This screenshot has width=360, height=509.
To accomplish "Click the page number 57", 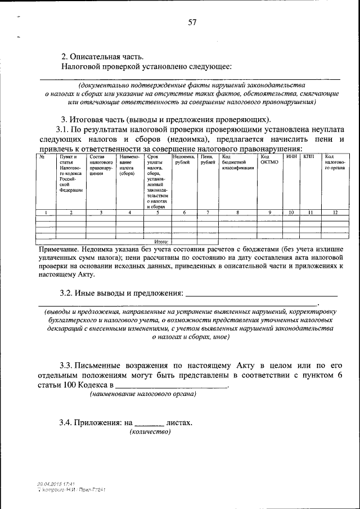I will point(192,23).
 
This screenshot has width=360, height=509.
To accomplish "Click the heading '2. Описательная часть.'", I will point(102,56).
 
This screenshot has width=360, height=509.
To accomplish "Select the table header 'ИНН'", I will point(291,157).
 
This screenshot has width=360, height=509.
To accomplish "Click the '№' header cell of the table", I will point(42,157).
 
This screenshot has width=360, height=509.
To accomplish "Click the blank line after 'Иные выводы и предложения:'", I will point(262,294).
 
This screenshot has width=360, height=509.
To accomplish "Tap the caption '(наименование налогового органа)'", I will point(143,394).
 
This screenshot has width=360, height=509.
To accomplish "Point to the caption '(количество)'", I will point(150,431).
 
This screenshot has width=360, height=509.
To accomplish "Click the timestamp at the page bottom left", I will point(56,483).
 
